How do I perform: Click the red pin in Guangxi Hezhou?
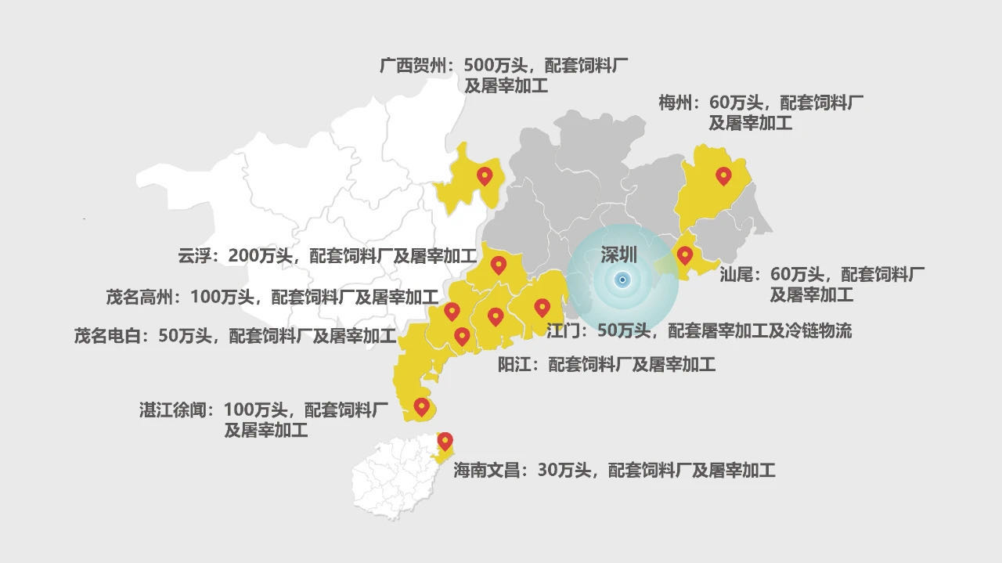pos(485,176)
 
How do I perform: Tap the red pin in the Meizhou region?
pos(723,176)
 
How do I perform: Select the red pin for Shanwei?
pos(685,255)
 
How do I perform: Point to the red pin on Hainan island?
pos(445,441)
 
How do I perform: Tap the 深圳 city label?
pos(618,254)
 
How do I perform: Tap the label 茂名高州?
pos(142,297)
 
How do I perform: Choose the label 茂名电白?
pos(110,337)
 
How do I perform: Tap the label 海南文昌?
pos(490,471)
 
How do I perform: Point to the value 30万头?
pos(565,471)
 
